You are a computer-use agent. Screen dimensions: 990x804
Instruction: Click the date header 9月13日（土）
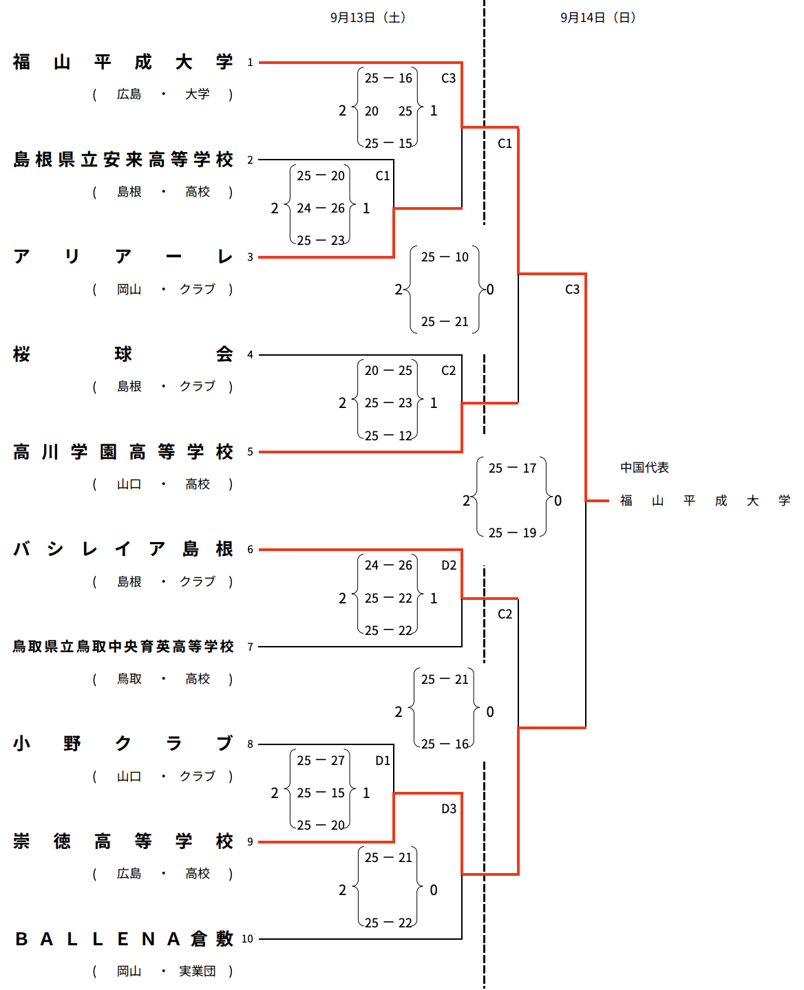[x=368, y=18]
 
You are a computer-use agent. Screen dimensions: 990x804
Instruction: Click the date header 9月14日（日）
[x=597, y=18]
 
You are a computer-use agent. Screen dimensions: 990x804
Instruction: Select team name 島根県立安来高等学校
[x=123, y=160]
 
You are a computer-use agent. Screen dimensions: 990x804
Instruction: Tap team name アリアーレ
[x=123, y=257]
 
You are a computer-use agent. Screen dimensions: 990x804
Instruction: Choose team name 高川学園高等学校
[x=123, y=452]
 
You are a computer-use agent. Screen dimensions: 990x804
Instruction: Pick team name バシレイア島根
[x=123, y=549]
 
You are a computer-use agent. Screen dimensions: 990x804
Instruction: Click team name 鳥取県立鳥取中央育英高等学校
[x=123, y=647]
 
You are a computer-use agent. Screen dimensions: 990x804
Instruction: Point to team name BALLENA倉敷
[x=123, y=939]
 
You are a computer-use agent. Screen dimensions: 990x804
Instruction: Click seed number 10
[x=248, y=939]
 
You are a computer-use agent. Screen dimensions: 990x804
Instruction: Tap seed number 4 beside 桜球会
[x=251, y=355]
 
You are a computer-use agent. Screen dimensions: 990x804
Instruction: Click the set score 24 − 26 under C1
[x=321, y=208]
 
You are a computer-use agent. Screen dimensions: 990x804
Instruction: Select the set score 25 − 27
[x=321, y=761]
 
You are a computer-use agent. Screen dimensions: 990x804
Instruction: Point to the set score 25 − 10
[x=445, y=257]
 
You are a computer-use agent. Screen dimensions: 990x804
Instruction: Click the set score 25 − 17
[x=512, y=469]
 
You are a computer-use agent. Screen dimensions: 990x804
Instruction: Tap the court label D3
[x=449, y=809]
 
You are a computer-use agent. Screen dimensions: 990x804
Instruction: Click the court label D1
[x=383, y=761]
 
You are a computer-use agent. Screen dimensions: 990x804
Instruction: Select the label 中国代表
[x=644, y=468]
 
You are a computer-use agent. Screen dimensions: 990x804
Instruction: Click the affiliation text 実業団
[x=198, y=971]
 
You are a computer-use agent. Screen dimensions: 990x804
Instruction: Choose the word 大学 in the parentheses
[x=198, y=94]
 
